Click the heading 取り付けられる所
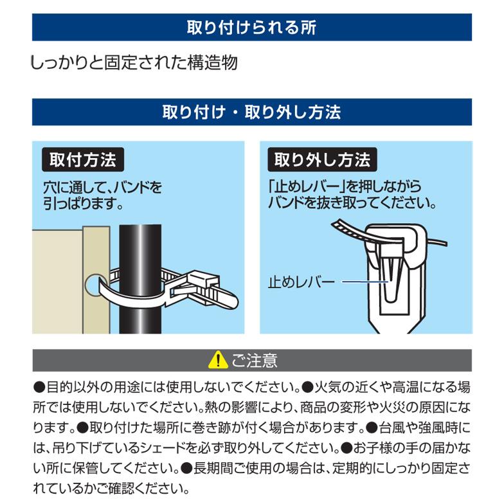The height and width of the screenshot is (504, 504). (251, 28)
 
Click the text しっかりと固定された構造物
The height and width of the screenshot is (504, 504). (134, 63)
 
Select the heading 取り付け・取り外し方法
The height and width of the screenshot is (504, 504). (251, 113)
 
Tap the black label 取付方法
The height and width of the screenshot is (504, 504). (83, 159)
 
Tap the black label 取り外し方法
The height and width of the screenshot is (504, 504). (322, 159)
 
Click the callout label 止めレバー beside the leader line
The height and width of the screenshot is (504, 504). (301, 282)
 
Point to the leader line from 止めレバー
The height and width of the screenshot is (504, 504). (363, 282)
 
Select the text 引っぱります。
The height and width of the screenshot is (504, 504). (83, 204)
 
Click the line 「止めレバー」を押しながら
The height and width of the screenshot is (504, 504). (345, 188)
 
